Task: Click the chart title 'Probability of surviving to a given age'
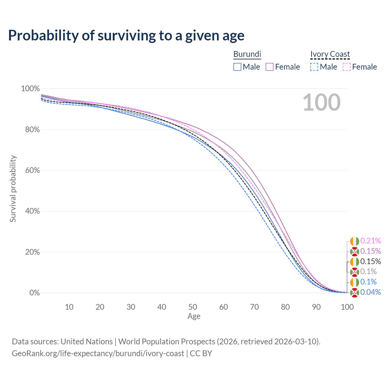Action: (x=126, y=36)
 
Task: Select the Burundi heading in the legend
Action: (x=247, y=54)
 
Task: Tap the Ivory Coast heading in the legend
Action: (x=330, y=54)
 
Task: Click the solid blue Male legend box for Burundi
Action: (x=237, y=67)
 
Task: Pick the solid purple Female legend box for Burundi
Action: (x=270, y=67)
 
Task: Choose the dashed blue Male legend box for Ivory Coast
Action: (x=314, y=67)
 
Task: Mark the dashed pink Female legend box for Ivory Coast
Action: (x=347, y=67)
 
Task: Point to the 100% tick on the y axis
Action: (x=30, y=88)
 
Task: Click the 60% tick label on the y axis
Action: (x=32, y=170)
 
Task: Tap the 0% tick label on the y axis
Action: (x=35, y=292)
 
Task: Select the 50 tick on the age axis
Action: (x=193, y=307)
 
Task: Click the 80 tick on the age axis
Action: (x=285, y=307)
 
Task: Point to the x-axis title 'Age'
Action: (x=194, y=316)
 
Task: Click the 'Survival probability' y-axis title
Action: (x=13, y=188)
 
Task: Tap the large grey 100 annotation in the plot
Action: (x=322, y=102)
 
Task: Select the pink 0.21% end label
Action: (x=370, y=241)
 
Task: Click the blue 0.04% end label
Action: (x=370, y=292)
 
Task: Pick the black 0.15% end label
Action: (x=370, y=261)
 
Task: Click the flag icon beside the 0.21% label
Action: (x=354, y=241)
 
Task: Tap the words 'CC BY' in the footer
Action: (x=201, y=353)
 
